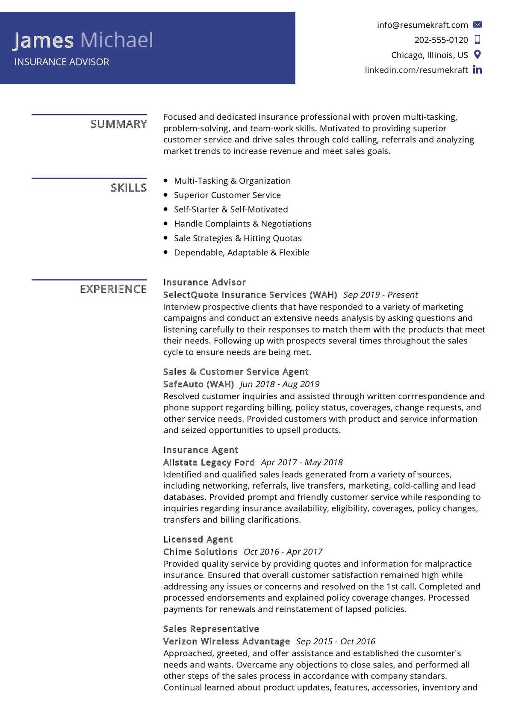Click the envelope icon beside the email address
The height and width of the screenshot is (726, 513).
point(478,25)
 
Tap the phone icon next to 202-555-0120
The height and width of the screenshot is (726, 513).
point(478,40)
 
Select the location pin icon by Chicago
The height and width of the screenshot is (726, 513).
point(478,55)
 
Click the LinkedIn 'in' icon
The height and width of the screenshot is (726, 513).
point(478,70)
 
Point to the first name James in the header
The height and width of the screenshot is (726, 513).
point(43,40)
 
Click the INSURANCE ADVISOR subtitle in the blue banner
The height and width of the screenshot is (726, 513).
point(62,62)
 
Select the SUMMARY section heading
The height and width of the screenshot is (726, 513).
point(118,124)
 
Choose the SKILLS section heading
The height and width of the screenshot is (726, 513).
point(128,188)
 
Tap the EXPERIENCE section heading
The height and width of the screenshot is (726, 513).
point(113,289)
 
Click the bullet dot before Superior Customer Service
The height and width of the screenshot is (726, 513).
point(166,195)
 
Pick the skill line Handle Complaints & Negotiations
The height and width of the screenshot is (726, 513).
point(242,224)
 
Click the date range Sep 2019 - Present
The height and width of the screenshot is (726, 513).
point(380,295)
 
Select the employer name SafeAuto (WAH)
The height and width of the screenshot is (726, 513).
point(198,384)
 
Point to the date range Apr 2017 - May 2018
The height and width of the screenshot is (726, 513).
point(301,462)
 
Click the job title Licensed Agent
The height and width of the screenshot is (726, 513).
point(198,539)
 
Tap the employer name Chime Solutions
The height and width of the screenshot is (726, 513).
point(200,552)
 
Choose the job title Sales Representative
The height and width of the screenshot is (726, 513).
point(211,629)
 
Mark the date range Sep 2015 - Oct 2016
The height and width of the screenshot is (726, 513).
point(335,641)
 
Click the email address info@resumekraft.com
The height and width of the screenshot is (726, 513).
point(422,25)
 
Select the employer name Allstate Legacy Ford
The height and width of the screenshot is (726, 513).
point(209,462)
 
